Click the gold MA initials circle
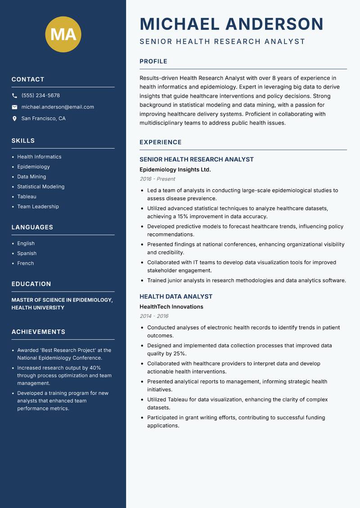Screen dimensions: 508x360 coord(63,34)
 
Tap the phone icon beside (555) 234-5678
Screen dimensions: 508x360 coord(14,96)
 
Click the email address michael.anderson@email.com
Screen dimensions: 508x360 coord(58,107)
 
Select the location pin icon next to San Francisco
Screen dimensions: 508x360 coord(14,119)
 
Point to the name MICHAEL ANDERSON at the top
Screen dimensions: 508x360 coord(232,24)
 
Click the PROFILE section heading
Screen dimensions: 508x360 coord(153,62)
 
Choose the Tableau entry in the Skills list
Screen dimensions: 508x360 coord(27,196)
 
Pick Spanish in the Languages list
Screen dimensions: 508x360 coord(27,254)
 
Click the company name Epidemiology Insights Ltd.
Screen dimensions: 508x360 coord(175,169)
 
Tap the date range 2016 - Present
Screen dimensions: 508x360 coord(157,179)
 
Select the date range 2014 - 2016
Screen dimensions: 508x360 coord(154,316)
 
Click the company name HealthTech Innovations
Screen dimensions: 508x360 coord(171,307)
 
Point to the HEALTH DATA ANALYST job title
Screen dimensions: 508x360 coord(176,297)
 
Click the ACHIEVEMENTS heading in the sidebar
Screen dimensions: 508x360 coord(38,332)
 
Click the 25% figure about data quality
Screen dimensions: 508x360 coord(180,353)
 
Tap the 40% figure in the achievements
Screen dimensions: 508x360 coord(95,367)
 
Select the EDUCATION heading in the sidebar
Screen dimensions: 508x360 coord(31,284)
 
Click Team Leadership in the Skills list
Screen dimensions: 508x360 coord(38,206)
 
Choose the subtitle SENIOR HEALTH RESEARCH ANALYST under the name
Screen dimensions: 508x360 coord(222,42)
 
